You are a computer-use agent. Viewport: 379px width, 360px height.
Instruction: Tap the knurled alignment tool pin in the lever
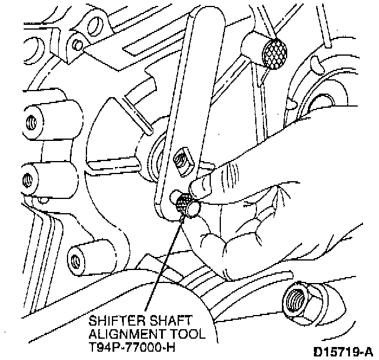tap(187, 205)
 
